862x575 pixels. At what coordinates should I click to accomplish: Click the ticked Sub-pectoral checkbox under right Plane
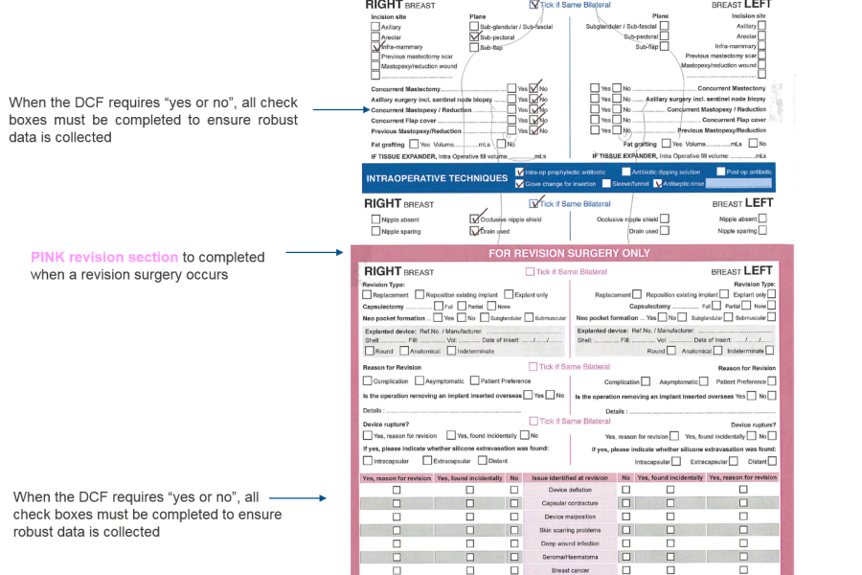(473, 36)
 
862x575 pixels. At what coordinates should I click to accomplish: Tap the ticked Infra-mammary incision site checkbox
(375, 47)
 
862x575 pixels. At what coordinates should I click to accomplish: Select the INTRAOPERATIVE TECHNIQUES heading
(436, 178)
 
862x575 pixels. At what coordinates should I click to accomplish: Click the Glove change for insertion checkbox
(519, 184)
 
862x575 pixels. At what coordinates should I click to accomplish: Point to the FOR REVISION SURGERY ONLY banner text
(569, 253)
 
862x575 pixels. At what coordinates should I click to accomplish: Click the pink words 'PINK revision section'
(104, 257)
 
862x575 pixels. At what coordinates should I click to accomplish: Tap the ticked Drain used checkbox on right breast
(473, 231)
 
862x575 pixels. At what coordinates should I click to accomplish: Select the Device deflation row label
(570, 490)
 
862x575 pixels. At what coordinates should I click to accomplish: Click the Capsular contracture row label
(570, 503)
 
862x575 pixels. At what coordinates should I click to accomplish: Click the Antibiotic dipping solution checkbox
(624, 172)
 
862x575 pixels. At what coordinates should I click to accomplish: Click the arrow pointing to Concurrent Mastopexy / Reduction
(335, 109)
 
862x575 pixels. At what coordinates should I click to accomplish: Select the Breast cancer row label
(570, 569)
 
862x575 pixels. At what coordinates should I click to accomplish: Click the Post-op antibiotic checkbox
(718, 172)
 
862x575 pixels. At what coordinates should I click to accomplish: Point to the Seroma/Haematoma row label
(570, 556)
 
